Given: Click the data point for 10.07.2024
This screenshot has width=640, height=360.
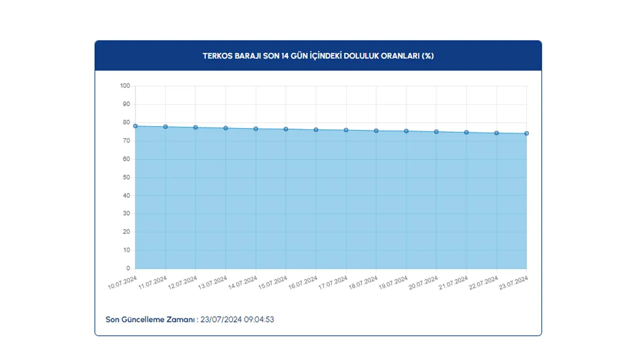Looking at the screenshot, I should [x=135, y=126].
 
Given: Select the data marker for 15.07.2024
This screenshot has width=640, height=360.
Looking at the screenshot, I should [x=286, y=129].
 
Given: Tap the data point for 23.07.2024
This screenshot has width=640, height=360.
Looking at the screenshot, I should [x=526, y=134].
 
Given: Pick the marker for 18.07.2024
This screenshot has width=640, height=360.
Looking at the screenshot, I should [x=376, y=131].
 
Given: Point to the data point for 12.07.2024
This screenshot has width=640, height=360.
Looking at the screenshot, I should [x=196, y=128].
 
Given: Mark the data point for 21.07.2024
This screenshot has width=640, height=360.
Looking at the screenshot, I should [x=466, y=132].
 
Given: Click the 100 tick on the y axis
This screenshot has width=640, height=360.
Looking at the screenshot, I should [x=125, y=86].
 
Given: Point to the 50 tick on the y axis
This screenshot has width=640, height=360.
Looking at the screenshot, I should [x=126, y=177].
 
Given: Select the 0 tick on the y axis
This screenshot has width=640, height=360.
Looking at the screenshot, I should [x=128, y=268].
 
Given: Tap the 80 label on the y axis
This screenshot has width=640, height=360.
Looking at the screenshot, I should [x=126, y=122].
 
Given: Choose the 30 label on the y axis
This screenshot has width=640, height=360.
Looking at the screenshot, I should [x=126, y=214].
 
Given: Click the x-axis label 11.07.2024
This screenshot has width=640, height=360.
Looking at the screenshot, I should [x=152, y=283].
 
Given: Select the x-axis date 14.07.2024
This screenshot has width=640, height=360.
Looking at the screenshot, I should [x=243, y=283].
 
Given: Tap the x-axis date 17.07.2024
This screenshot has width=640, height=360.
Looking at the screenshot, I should [x=333, y=283].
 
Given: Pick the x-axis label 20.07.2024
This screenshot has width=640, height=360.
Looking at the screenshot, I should [x=423, y=283].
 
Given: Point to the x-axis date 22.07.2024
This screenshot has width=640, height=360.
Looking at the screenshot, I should [x=483, y=283].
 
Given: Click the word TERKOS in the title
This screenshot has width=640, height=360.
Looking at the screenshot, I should [x=217, y=56].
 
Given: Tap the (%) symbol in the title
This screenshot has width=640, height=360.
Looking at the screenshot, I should [x=428, y=56].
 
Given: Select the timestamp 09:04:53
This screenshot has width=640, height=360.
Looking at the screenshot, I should [x=259, y=320].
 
